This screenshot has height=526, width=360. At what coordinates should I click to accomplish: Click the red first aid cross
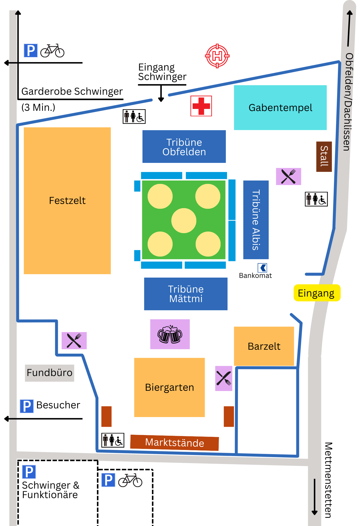[201, 106]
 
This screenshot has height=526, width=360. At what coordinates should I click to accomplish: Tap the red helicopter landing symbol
[217, 56]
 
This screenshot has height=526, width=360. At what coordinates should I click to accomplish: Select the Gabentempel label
[280, 108]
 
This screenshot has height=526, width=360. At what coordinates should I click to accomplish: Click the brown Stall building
[324, 157]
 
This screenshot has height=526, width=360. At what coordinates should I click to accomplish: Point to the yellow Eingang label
[317, 293]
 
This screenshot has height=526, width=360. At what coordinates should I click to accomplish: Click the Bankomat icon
[262, 268]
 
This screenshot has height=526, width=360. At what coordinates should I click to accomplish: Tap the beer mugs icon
[170, 334]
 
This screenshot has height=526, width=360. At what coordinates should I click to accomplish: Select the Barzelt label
[264, 346]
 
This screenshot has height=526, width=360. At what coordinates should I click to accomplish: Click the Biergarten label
[169, 387]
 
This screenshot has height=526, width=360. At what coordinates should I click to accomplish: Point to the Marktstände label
[174, 443]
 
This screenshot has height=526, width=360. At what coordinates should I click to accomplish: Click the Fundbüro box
[49, 373]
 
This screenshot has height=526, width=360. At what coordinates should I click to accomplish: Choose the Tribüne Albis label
[256, 220]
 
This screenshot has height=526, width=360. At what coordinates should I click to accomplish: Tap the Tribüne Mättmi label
[186, 294]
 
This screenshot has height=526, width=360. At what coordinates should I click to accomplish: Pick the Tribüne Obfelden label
[184, 147]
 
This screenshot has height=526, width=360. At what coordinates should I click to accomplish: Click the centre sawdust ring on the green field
[184, 221]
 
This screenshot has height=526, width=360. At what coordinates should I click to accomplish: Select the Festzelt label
[67, 201]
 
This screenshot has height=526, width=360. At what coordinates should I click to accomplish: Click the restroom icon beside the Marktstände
[113, 440]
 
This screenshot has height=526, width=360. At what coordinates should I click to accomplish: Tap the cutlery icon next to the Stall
[288, 176]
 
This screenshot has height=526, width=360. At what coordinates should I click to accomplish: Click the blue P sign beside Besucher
[27, 406]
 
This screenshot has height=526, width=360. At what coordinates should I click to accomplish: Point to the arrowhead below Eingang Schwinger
[161, 99]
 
